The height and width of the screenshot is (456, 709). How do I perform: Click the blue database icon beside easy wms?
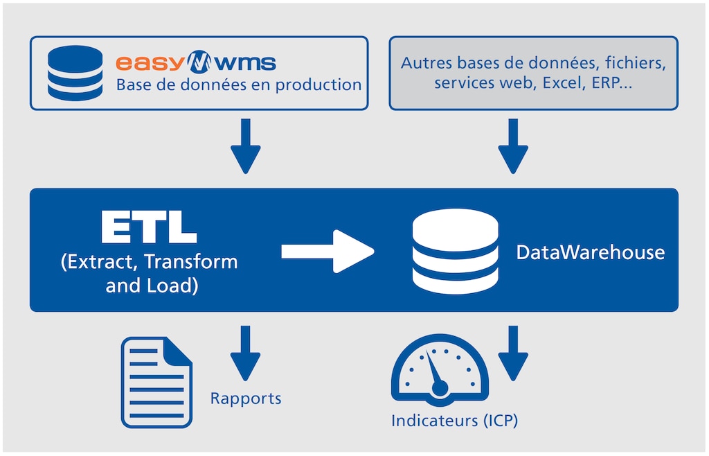(75, 73)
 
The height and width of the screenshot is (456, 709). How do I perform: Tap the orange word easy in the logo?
(150, 63)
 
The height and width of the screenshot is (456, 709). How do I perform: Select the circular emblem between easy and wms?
(199, 62)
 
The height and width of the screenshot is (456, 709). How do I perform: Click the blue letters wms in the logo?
(244, 63)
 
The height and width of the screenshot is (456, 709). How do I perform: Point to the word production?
(318, 85)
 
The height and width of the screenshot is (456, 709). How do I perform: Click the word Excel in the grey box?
(563, 82)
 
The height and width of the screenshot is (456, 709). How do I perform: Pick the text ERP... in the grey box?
(612, 82)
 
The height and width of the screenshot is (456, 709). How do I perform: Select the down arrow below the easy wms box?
(246, 146)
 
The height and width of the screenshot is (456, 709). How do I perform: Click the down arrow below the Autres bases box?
(513, 146)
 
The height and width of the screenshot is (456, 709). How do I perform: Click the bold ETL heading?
(149, 227)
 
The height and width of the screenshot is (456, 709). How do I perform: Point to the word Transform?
(191, 262)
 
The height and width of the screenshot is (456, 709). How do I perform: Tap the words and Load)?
(152, 286)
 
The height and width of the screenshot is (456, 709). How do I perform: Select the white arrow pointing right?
(327, 252)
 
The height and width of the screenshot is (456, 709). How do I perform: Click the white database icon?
(456, 252)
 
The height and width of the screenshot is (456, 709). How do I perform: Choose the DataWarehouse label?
(591, 252)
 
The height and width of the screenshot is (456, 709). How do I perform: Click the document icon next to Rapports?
(157, 383)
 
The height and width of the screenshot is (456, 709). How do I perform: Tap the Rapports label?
(246, 398)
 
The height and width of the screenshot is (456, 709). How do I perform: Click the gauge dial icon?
(440, 370)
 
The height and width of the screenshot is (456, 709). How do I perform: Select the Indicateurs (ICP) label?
(454, 421)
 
